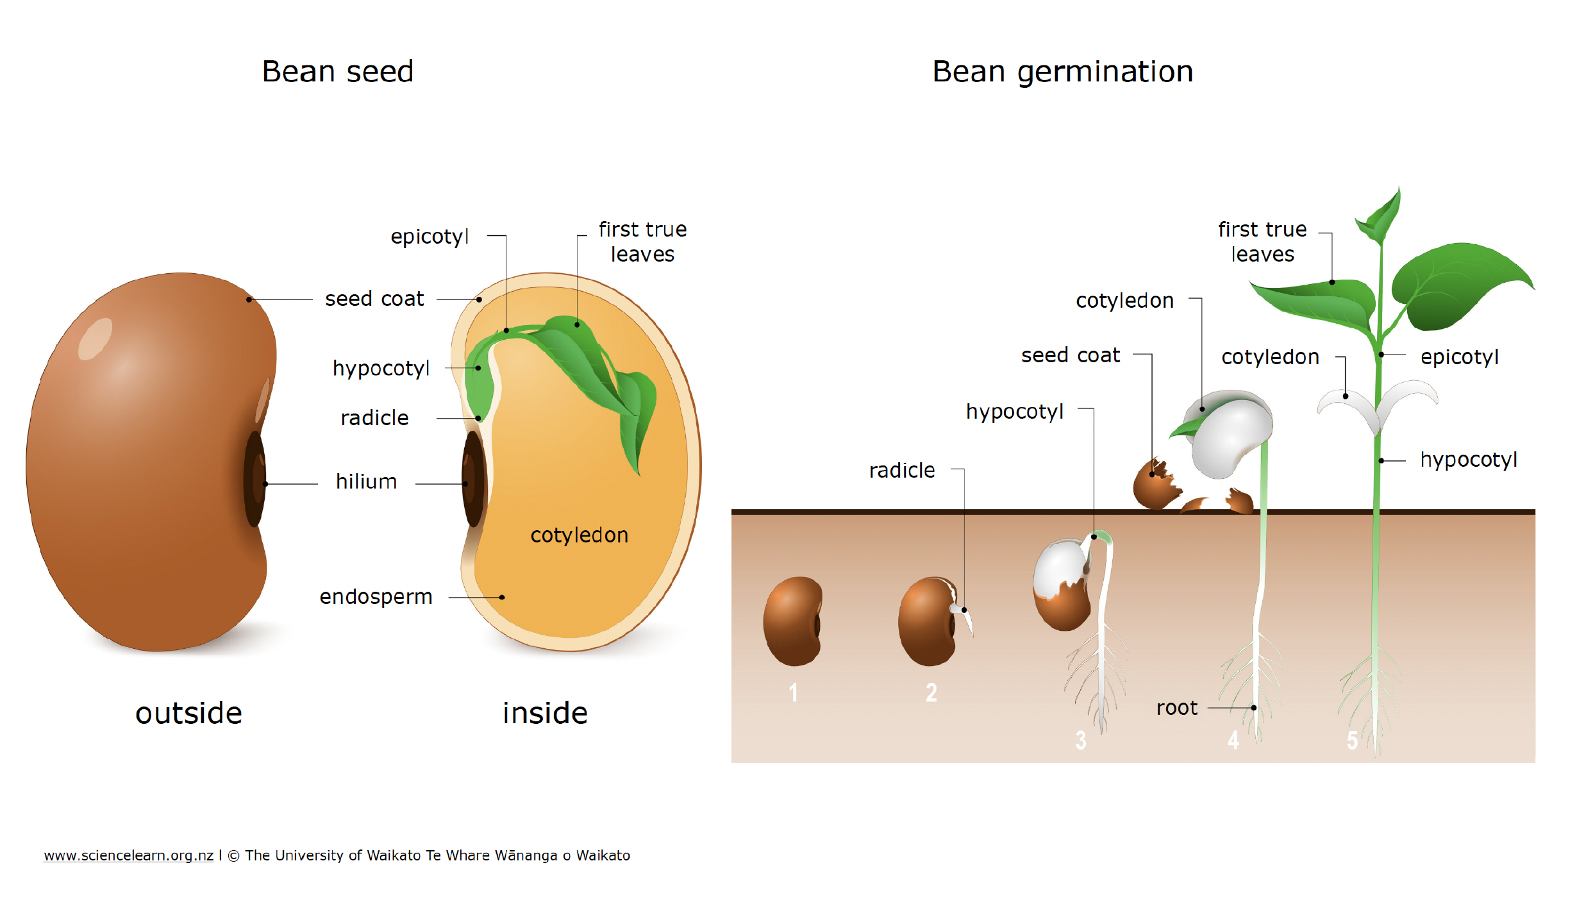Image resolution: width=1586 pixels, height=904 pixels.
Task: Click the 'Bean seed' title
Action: (x=337, y=71)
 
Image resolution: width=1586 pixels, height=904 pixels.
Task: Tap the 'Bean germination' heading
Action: (x=1062, y=71)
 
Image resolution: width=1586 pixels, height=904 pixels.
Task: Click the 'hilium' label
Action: (x=366, y=481)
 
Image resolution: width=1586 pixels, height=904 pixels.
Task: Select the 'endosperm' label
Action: (x=376, y=597)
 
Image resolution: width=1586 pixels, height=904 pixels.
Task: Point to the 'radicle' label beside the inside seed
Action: (x=374, y=418)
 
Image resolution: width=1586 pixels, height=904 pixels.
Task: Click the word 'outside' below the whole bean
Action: (x=188, y=713)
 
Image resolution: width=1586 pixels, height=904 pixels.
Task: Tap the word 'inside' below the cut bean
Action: (x=545, y=713)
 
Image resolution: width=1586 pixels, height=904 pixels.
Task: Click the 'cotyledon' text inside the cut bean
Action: (x=579, y=535)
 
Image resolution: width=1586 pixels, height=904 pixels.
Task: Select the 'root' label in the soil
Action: (x=1176, y=708)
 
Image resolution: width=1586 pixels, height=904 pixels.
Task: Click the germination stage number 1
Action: (x=794, y=692)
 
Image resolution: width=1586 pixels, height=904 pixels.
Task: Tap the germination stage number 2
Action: (x=931, y=692)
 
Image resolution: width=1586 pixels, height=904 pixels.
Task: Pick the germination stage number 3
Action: (x=1081, y=741)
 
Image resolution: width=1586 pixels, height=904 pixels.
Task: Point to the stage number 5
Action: (x=1352, y=741)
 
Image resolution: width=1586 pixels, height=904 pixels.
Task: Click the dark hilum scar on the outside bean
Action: (x=255, y=479)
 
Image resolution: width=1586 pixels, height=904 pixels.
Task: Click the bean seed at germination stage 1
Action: (x=793, y=621)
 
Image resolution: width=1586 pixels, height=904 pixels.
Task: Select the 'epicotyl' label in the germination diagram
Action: (x=1459, y=357)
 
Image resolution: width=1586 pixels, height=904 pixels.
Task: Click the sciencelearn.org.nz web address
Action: (x=128, y=855)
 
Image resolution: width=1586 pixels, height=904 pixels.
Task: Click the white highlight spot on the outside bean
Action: (x=95, y=339)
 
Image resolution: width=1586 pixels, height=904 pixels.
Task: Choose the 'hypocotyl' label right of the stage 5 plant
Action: (x=1468, y=460)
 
